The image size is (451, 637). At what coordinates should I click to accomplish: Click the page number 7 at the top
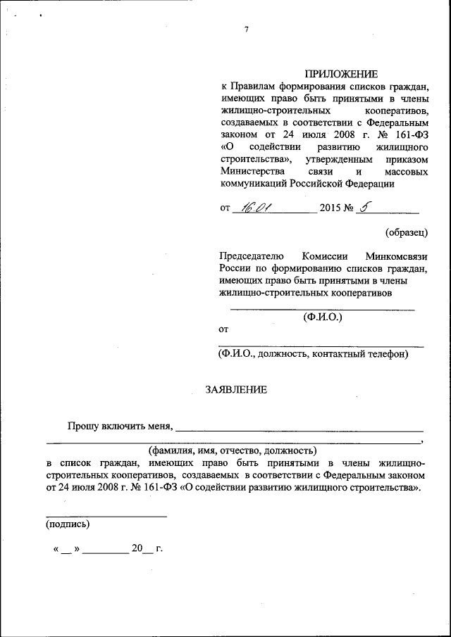(x=246, y=29)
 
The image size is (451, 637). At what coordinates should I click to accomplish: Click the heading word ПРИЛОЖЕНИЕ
(x=341, y=74)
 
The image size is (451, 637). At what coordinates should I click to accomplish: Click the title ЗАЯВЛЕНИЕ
(x=236, y=389)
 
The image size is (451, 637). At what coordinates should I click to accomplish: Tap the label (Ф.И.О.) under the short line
(x=322, y=317)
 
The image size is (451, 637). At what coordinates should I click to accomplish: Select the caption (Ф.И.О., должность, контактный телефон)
(x=314, y=354)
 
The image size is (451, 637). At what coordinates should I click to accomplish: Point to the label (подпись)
(x=67, y=524)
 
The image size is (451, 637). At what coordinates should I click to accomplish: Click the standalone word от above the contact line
(x=224, y=329)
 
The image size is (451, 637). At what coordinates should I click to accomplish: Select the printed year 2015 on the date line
(x=330, y=208)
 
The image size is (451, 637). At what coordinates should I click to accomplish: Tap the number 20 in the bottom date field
(x=137, y=548)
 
